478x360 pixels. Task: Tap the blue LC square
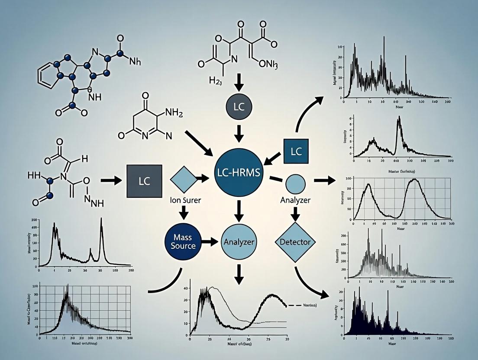[296, 151]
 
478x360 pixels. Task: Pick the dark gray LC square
[144, 180]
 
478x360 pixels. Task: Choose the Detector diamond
[296, 242]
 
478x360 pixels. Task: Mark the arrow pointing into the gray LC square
[111, 180]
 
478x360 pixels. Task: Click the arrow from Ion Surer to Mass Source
[184, 212]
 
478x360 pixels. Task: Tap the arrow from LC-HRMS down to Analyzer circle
[239, 211]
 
